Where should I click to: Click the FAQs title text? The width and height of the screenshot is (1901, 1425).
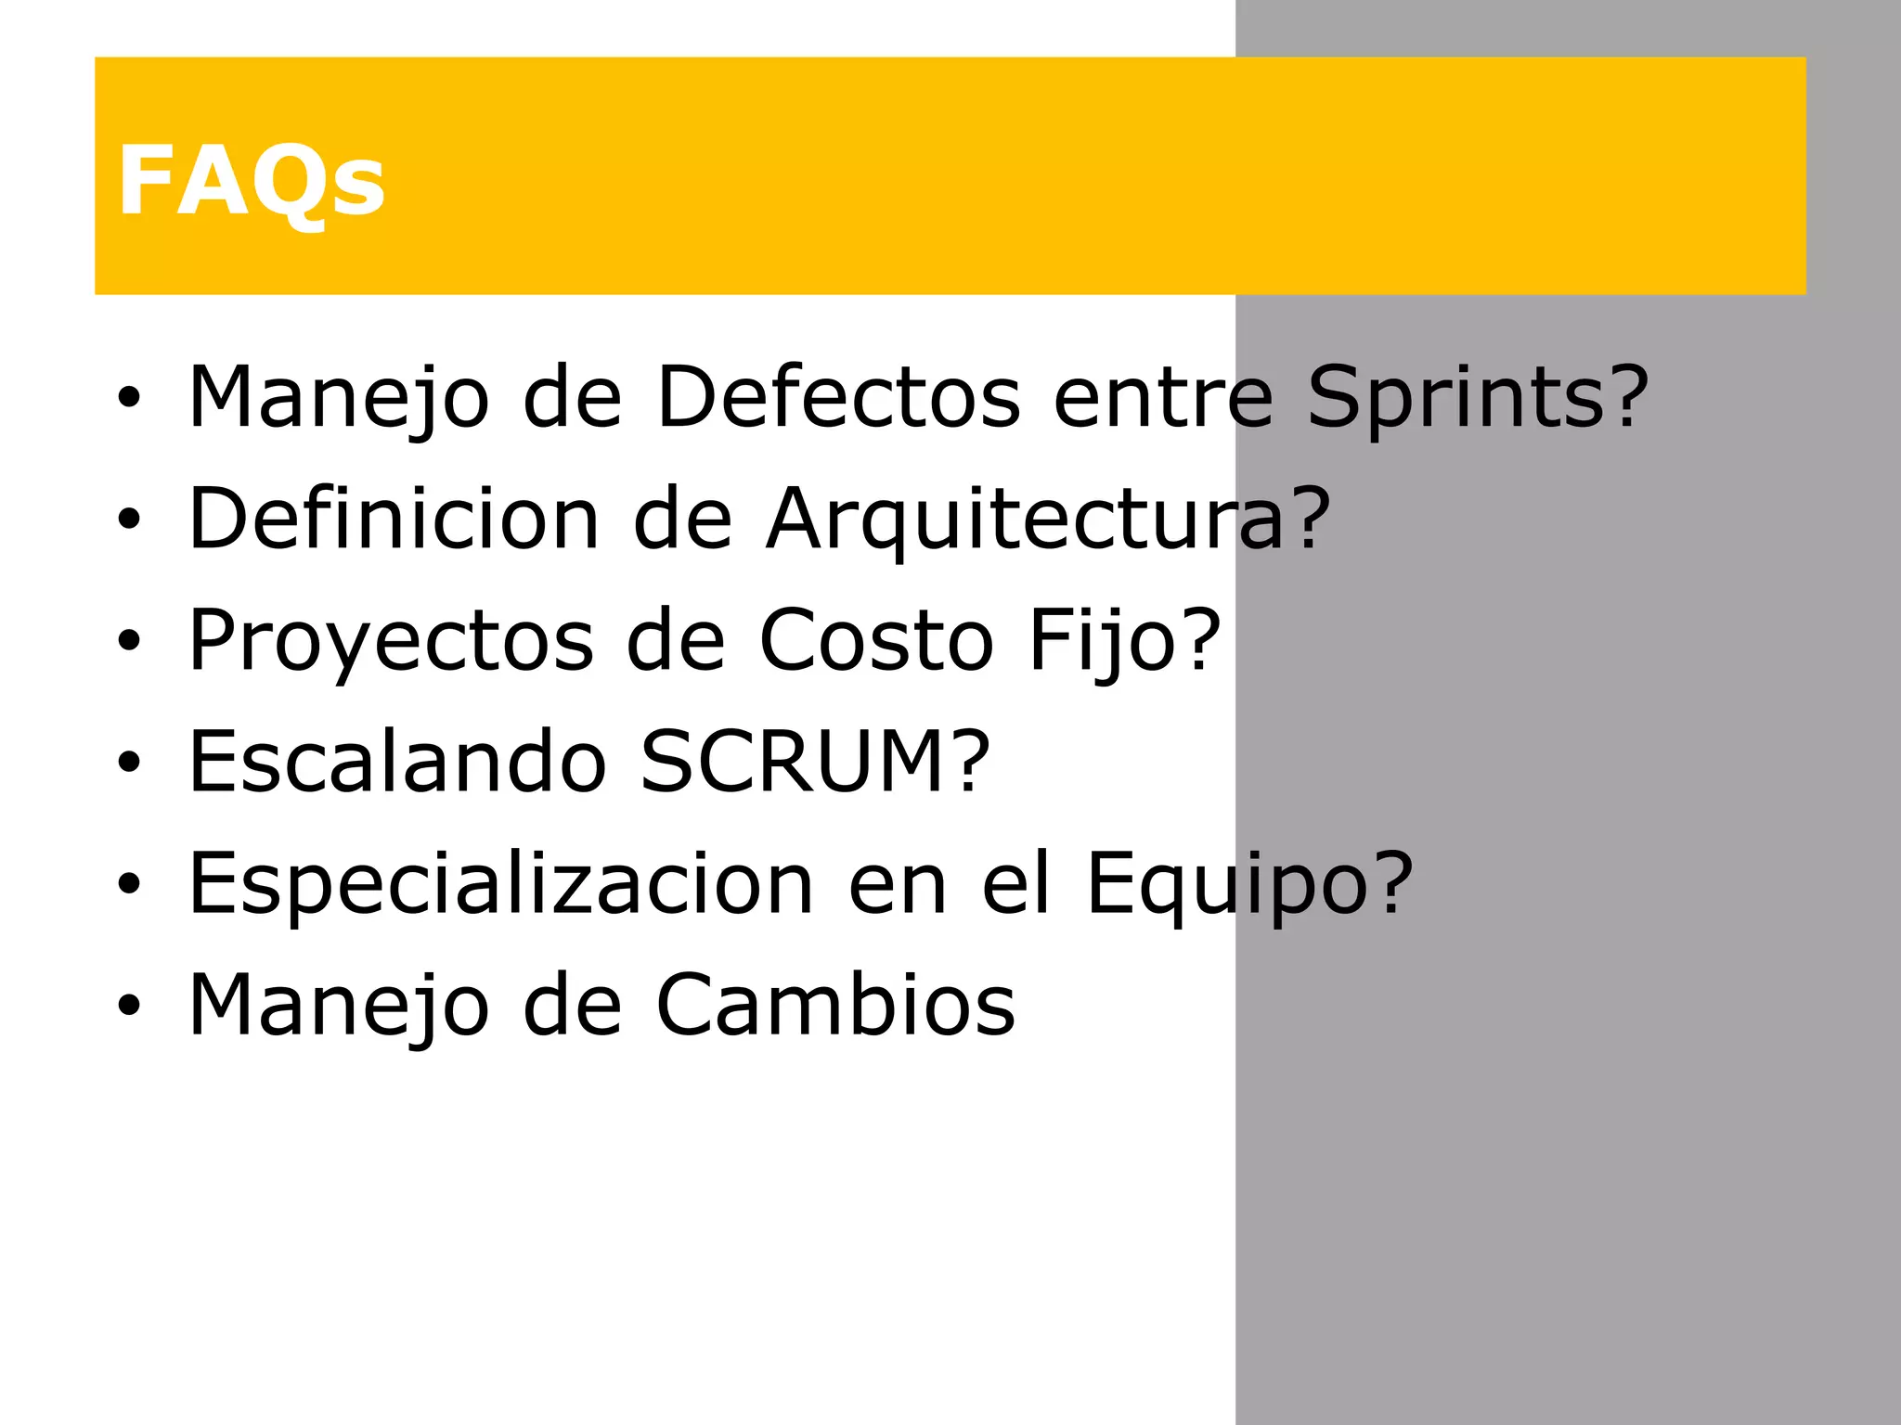251,181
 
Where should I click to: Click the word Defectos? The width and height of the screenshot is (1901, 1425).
837,397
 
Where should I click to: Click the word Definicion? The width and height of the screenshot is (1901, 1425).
394,519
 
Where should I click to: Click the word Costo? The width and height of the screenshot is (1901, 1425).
876,640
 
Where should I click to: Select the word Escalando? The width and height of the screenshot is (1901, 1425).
397,762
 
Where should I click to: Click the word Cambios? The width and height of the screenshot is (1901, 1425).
835,1005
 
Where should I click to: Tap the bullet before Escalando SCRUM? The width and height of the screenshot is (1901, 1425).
129,763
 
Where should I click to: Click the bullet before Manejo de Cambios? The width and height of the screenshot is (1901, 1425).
129,1006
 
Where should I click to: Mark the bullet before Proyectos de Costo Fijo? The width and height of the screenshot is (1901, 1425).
129,641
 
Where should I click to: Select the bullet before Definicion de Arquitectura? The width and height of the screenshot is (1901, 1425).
129,520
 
